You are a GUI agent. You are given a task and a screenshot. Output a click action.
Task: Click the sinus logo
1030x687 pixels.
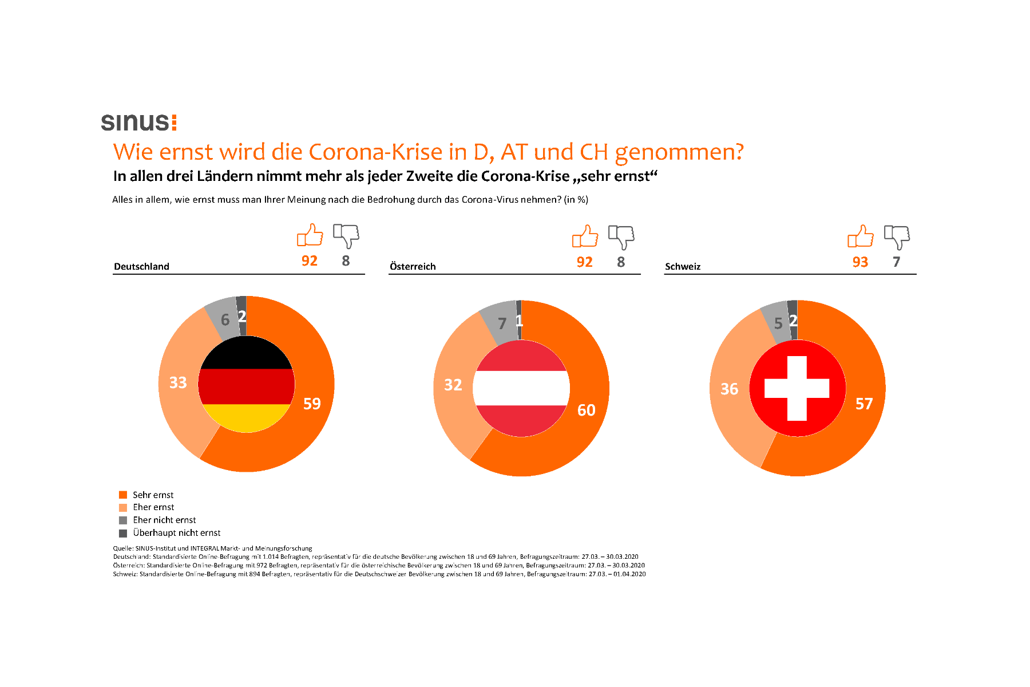(138, 122)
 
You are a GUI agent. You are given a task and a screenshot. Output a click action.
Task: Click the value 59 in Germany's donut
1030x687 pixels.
(312, 404)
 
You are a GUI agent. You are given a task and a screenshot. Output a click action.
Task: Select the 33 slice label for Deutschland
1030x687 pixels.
(178, 382)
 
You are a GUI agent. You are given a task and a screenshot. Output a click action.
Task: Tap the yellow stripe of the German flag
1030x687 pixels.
(246, 418)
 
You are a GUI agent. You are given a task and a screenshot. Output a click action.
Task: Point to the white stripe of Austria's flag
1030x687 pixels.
(521, 388)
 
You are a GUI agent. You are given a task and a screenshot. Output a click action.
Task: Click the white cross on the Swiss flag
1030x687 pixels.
(797, 388)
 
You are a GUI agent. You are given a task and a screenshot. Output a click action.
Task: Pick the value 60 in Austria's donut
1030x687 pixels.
(586, 410)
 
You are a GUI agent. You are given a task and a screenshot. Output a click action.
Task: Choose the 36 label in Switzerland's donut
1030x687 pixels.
(729, 389)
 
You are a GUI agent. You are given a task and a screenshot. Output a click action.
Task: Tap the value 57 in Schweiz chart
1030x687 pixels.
(864, 404)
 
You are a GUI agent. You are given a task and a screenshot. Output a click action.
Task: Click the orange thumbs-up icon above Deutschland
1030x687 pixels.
(310, 235)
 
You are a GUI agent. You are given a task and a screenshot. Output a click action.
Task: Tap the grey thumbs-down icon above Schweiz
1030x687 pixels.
(897, 236)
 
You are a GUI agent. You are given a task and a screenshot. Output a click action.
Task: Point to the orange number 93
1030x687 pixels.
(860, 262)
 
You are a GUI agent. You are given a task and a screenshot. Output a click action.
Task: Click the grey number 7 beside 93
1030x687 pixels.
(896, 262)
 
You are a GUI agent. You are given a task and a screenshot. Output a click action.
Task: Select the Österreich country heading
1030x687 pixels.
(413, 266)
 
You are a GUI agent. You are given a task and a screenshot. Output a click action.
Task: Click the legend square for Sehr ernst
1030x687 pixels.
(123, 495)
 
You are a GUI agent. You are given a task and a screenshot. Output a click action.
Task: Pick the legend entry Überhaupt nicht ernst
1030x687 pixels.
(176, 533)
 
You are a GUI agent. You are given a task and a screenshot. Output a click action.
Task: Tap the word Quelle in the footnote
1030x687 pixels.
(122, 548)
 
